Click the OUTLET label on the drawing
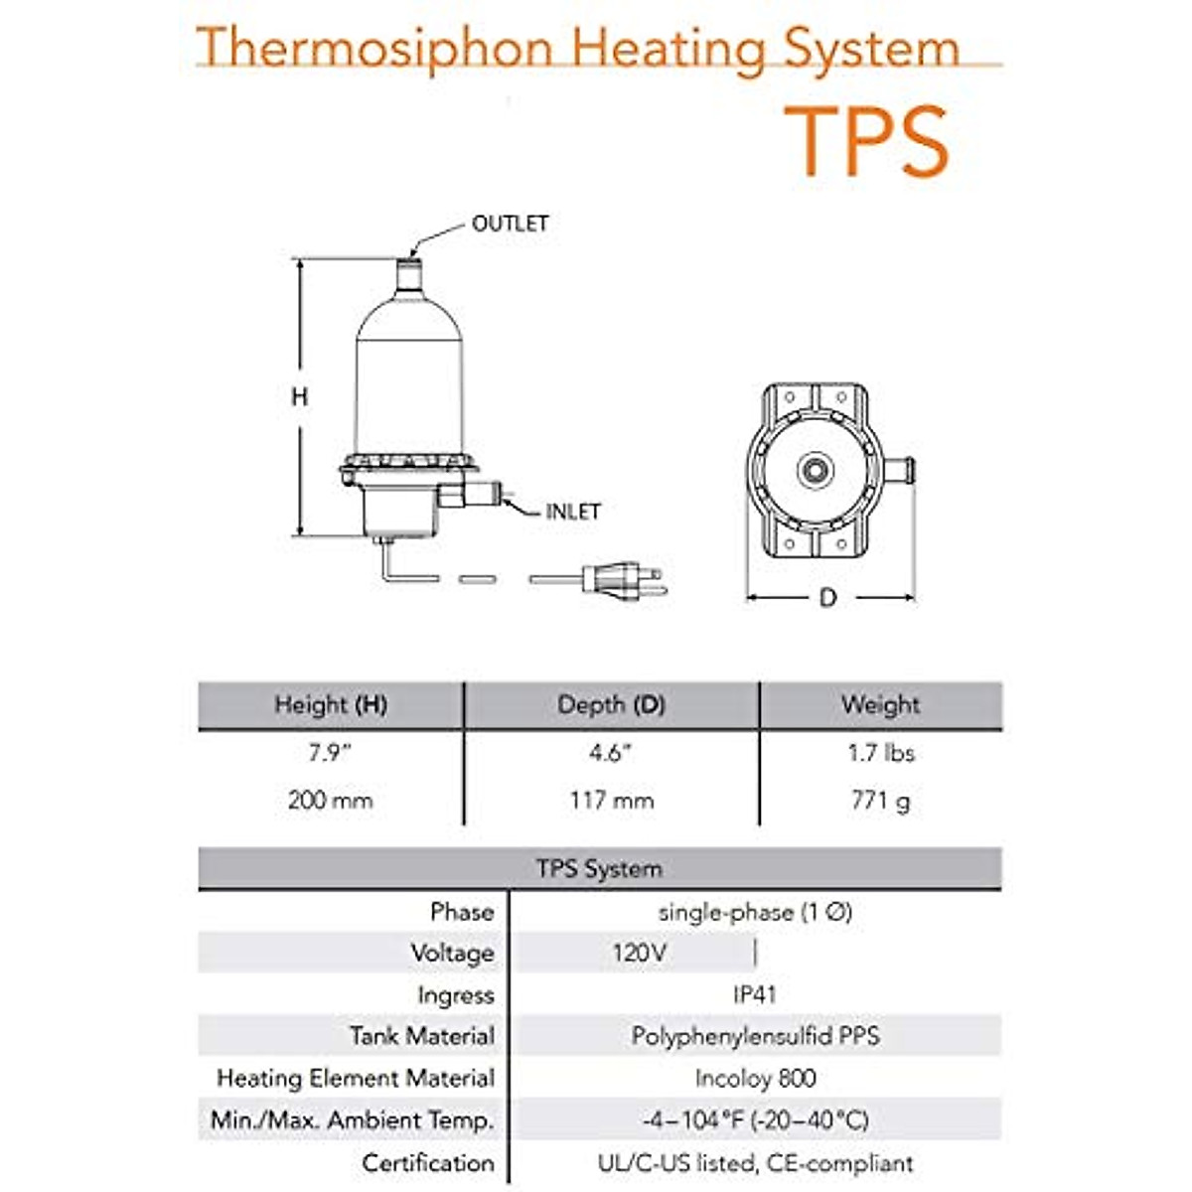click(x=510, y=223)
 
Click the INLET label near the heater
click(x=573, y=512)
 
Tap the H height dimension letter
click(x=299, y=397)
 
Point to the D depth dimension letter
click(x=827, y=598)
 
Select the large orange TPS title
click(x=867, y=141)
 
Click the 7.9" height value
click(x=330, y=753)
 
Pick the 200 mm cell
click(x=330, y=800)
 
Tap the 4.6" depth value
click(x=611, y=753)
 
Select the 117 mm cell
click(x=611, y=800)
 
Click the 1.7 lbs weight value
click(x=880, y=753)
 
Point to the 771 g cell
click(x=880, y=800)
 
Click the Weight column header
click(x=880, y=705)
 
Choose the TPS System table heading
click(x=599, y=869)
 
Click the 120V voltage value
click(x=639, y=954)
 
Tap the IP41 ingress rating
click(x=754, y=994)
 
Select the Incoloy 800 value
click(x=755, y=1078)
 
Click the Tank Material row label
click(x=421, y=1036)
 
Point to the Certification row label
click(x=427, y=1162)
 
